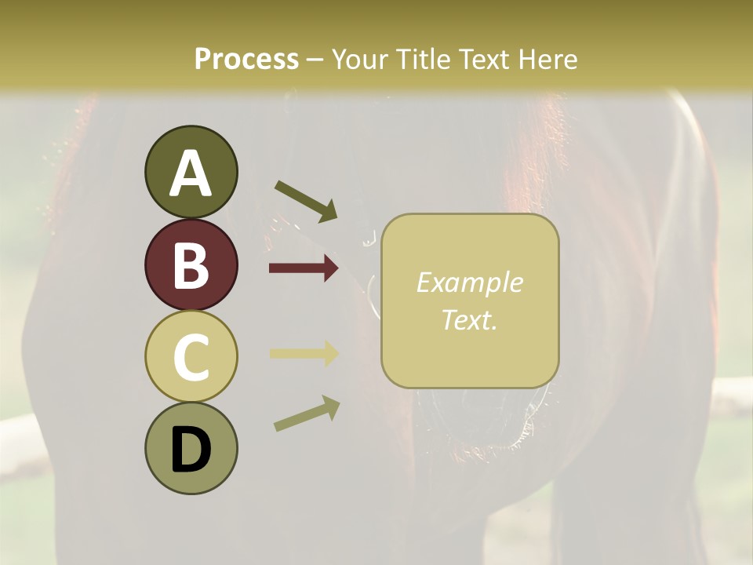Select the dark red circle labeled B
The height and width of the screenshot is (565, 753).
click(x=191, y=265)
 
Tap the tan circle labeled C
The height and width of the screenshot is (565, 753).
click(x=191, y=357)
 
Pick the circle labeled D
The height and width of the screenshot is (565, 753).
click(x=191, y=449)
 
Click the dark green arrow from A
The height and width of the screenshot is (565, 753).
click(x=306, y=201)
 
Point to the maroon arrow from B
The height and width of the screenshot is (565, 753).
click(x=304, y=268)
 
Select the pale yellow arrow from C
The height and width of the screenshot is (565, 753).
click(x=304, y=353)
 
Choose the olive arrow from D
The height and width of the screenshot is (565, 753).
click(x=307, y=414)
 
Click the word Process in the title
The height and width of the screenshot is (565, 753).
click(x=246, y=59)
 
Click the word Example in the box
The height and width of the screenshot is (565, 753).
click(x=469, y=282)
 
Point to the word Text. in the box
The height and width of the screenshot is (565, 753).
click(x=469, y=319)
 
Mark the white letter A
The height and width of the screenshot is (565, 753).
click(x=191, y=173)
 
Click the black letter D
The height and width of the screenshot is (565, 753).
click(x=191, y=450)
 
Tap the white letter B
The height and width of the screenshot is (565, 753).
click(x=191, y=265)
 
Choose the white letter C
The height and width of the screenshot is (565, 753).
click(x=191, y=357)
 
